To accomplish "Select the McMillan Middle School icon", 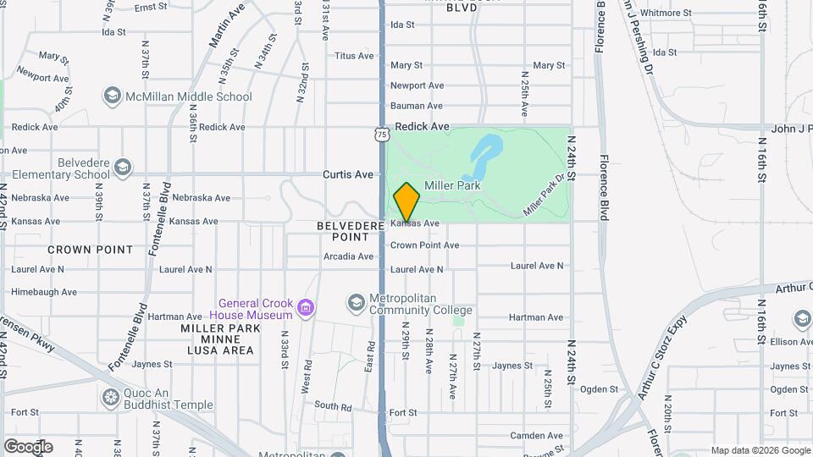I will click(x=112, y=96).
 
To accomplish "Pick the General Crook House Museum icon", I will click(x=306, y=309).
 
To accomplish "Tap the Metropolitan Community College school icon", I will click(x=356, y=302).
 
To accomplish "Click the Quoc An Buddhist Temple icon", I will click(x=110, y=397).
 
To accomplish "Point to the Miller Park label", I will click(x=452, y=185).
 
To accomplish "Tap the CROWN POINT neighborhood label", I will click(x=90, y=250).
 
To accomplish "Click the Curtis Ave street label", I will click(x=347, y=174).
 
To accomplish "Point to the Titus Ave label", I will click(x=354, y=56).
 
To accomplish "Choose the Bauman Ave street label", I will click(x=416, y=106).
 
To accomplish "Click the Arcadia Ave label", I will click(x=348, y=256).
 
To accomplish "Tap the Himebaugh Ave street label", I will click(x=44, y=292).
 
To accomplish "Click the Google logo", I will click(x=28, y=447).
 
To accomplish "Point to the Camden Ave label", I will click(x=536, y=436).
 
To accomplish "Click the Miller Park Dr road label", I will click(x=544, y=195).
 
